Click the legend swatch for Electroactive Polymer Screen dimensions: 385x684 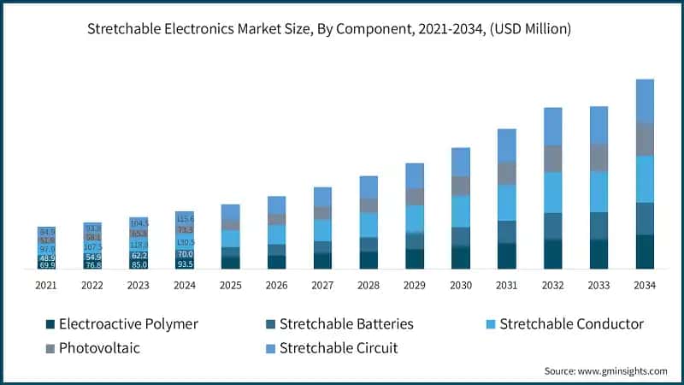[x=50, y=324]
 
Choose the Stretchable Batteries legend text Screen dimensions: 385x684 [x=346, y=324]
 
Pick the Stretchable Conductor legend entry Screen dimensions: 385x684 [x=571, y=324]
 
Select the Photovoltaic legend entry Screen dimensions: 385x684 [x=100, y=348]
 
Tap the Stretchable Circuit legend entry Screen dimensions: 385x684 [x=338, y=348]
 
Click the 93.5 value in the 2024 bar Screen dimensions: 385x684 [x=185, y=264]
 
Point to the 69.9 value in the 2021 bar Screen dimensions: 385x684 [x=47, y=265]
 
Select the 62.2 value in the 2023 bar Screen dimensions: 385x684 [x=139, y=255]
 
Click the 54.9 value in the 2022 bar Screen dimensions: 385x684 [x=92, y=257]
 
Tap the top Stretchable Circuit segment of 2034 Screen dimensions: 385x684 [x=645, y=100]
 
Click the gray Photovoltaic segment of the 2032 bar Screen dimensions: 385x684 [x=552, y=158]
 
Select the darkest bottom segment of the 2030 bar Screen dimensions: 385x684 [x=461, y=258]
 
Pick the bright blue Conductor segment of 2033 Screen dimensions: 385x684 [x=598, y=192]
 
